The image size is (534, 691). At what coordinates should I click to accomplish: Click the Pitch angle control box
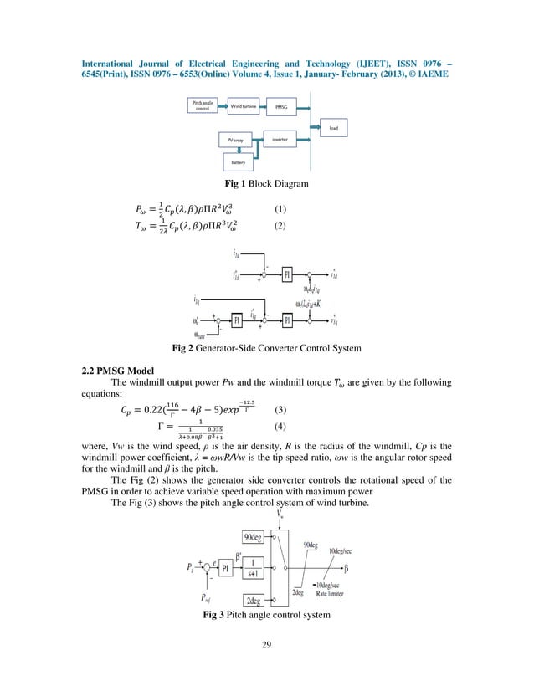tap(203, 106)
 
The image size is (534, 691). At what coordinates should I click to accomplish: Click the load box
tap(334, 127)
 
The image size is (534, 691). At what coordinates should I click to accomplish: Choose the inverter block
tap(280, 139)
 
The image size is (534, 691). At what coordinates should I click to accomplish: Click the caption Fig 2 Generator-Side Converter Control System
tap(267, 348)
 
